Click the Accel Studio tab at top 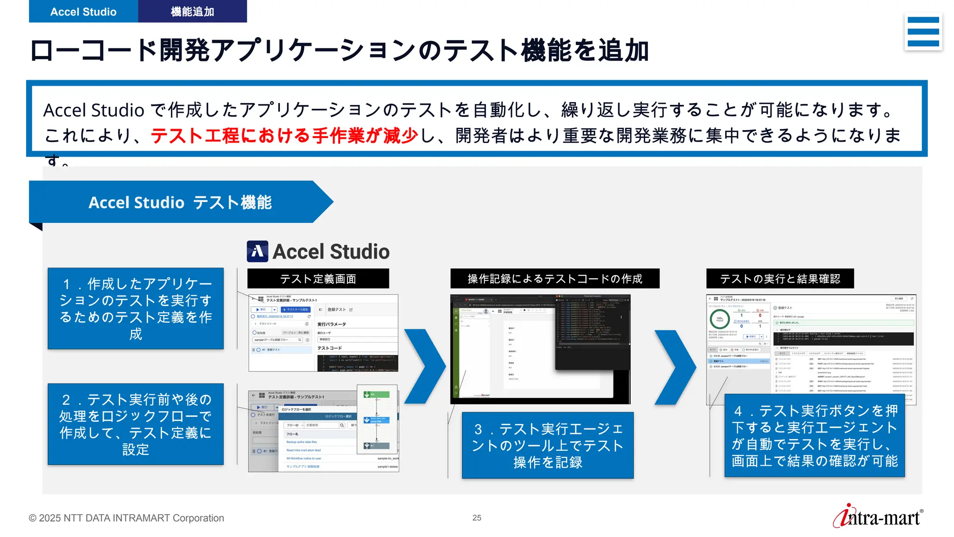tap(83, 11)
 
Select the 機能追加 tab tap(192, 11)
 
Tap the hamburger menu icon tap(923, 32)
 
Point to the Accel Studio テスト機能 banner tap(180, 202)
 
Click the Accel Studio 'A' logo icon tap(257, 251)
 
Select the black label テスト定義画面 tap(318, 279)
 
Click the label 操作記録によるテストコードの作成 tap(555, 279)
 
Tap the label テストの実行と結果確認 tap(780, 279)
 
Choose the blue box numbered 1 tap(136, 308)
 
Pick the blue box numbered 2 tap(136, 424)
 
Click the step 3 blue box tap(547, 445)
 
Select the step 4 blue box tap(814, 435)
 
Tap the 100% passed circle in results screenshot tap(720, 319)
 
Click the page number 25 tap(477, 518)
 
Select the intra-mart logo tap(878, 517)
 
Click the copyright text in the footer tap(126, 518)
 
